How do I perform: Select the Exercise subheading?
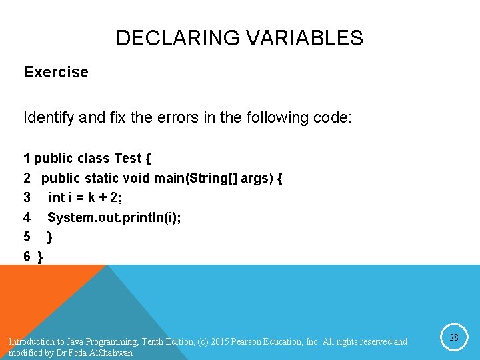click(x=56, y=72)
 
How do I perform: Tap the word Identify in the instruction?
click(x=49, y=119)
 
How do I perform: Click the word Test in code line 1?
click(x=128, y=159)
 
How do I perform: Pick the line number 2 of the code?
click(x=27, y=179)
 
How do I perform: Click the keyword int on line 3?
click(x=57, y=198)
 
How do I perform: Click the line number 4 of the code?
click(x=27, y=217)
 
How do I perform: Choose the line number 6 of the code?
click(x=27, y=256)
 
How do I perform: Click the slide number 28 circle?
click(x=454, y=338)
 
